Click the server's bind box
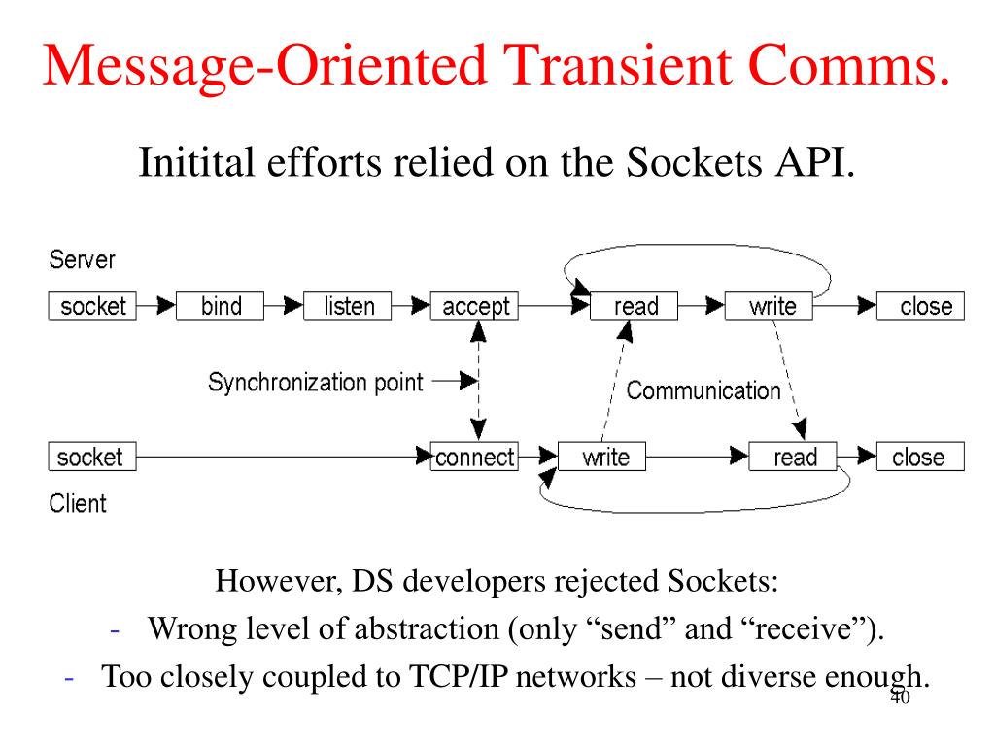221,306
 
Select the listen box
348,306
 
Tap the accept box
475,306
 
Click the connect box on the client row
474,457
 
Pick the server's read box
635,306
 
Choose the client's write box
604,457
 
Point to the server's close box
920,306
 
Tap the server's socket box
92,306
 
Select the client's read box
793,457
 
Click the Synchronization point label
316,382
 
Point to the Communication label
703,390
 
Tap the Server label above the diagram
82,260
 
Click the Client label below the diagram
78,503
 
